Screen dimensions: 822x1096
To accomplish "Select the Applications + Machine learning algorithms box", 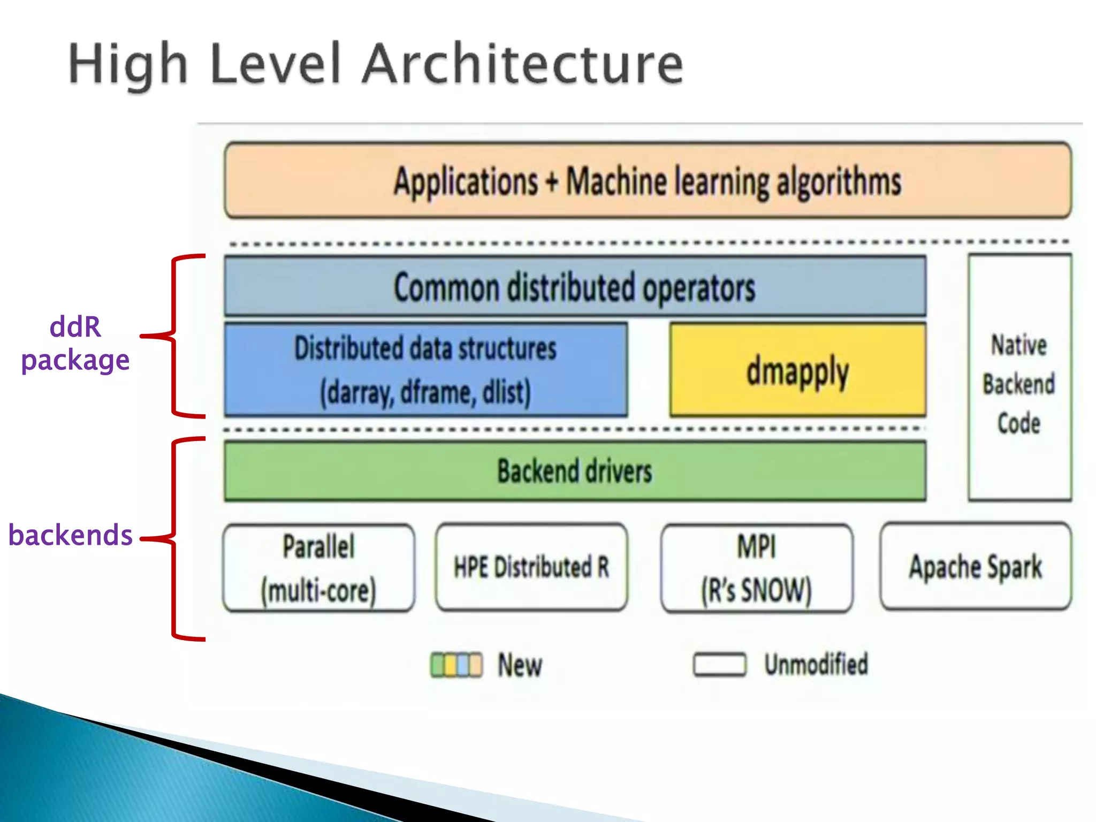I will pyautogui.click(x=648, y=180).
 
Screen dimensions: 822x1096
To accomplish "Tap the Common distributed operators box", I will pyautogui.click(x=575, y=287).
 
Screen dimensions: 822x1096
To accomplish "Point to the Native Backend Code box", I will pyautogui.click(x=1019, y=378).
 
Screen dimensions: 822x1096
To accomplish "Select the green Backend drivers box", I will pyautogui.click(x=575, y=471).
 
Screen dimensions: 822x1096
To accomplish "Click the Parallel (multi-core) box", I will pyautogui.click(x=319, y=568).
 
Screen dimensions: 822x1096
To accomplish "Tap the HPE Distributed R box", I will pyautogui.click(x=531, y=567).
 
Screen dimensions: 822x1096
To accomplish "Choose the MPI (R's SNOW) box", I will pyautogui.click(x=757, y=568).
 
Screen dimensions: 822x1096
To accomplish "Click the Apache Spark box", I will pyautogui.click(x=976, y=567).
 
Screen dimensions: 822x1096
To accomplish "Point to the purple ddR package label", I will pyautogui.click(x=75, y=343).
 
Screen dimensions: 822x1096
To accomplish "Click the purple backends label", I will pyautogui.click(x=70, y=535).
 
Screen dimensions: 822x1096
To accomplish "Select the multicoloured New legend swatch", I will pyautogui.click(x=456, y=665).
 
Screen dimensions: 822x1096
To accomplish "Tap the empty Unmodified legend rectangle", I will pyautogui.click(x=719, y=665).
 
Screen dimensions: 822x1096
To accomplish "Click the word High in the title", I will pyautogui.click(x=128, y=64).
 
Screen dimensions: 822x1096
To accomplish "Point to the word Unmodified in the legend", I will pyautogui.click(x=816, y=665).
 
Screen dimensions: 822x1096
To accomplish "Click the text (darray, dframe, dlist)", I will pyautogui.click(x=425, y=392).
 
